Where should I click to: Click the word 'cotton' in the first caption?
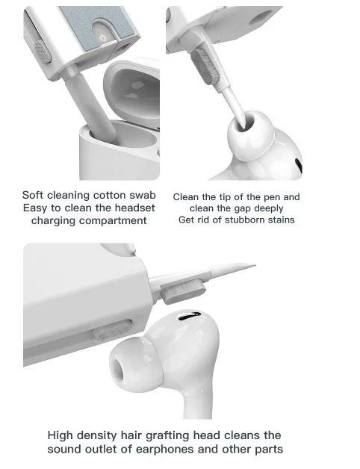click(106, 195)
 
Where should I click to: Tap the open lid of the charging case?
click(131, 90)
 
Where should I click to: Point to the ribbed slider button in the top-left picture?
click(42, 51)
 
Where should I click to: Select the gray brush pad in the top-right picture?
click(205, 66)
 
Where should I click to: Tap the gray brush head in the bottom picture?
click(183, 291)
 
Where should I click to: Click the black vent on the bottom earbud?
click(190, 316)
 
